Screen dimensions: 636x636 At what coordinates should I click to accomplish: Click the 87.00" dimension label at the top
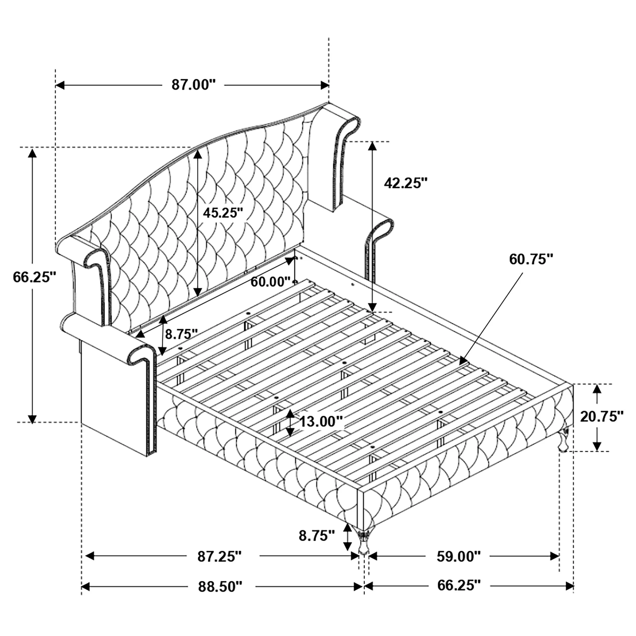click(193, 85)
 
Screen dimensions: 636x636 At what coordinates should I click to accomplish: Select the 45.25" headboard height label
click(223, 213)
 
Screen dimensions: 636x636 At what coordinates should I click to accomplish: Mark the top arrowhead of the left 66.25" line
click(32, 153)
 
